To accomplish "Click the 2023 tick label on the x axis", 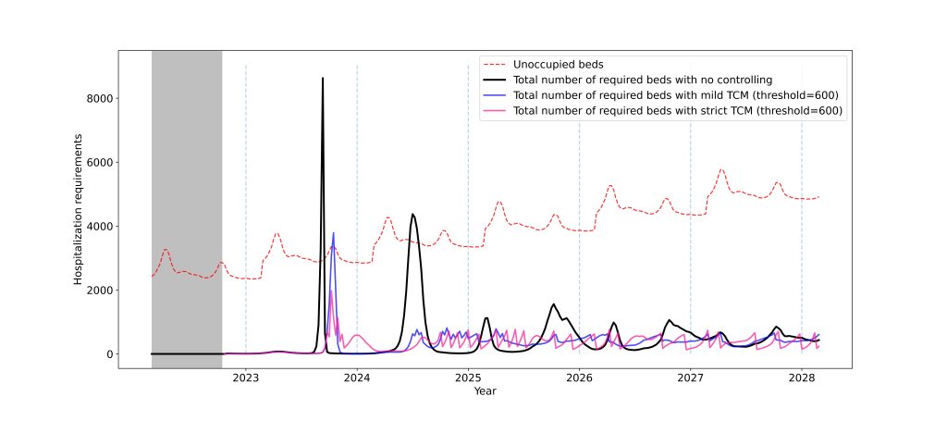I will (x=245, y=378).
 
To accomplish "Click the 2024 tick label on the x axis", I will (x=357, y=378).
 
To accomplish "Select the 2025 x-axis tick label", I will (x=468, y=378).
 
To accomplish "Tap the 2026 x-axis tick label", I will (x=579, y=378).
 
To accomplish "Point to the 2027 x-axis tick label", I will (x=690, y=378).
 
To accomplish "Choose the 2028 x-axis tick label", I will (x=801, y=378).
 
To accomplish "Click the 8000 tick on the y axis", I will (x=95, y=99).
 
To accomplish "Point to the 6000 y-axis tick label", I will (x=95, y=163).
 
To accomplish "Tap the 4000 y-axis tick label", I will (x=95, y=227).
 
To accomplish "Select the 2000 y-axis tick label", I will (x=95, y=291).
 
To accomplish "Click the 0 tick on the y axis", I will (x=107, y=354).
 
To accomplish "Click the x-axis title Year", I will (x=485, y=392).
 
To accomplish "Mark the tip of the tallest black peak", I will (x=323, y=79).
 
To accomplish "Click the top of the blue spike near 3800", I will (x=333, y=233).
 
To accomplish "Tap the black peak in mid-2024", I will (x=412, y=215).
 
